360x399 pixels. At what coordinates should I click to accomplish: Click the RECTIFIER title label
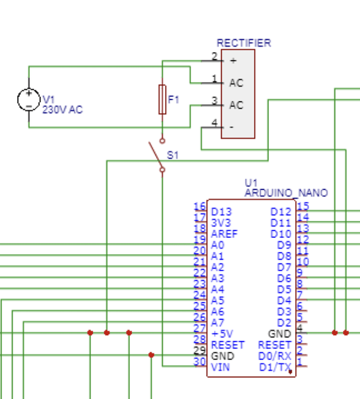(243, 43)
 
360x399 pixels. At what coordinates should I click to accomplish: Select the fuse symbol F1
(162, 99)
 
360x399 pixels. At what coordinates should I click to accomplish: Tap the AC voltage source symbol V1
(29, 99)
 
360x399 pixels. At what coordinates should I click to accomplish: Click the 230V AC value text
(62, 110)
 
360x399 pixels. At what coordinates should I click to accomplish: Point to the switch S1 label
(173, 155)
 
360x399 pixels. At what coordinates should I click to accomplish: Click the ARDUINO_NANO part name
(286, 193)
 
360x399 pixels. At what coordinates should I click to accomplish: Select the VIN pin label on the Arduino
(220, 367)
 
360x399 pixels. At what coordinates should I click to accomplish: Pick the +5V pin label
(222, 334)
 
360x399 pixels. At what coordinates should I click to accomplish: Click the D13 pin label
(221, 212)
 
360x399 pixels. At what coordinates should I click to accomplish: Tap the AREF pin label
(224, 234)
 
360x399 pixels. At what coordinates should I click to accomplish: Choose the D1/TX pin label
(275, 367)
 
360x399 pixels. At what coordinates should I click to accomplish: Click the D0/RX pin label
(275, 356)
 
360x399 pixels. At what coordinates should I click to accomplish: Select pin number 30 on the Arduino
(200, 362)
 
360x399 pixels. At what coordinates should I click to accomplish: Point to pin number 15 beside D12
(303, 206)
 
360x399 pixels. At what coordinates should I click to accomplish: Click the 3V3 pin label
(221, 223)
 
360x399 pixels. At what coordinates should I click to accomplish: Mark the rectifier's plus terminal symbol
(233, 61)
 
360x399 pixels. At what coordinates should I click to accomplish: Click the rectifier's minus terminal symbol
(231, 128)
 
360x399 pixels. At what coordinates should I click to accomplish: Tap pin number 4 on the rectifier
(215, 123)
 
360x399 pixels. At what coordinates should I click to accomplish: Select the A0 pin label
(218, 245)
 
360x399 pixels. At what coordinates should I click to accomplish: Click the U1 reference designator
(251, 182)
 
